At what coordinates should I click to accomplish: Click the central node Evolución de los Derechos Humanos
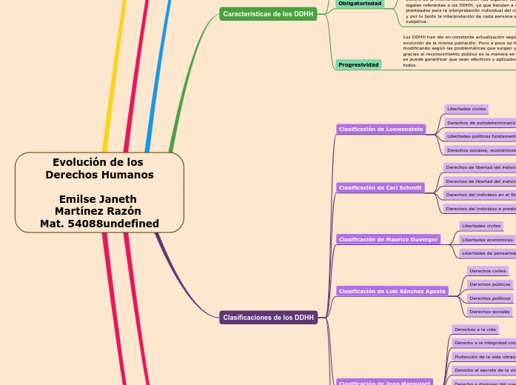point(99,169)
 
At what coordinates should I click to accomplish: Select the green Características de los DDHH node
point(268,13)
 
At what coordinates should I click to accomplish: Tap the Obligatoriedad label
point(360,4)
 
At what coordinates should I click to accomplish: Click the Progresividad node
point(358,64)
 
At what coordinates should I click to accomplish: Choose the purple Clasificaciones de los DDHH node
point(268,317)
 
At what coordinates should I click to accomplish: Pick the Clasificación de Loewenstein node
point(381,129)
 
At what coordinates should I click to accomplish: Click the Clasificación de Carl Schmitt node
point(381,187)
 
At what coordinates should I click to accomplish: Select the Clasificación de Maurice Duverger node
point(388,239)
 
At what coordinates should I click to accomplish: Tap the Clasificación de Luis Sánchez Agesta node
point(392,291)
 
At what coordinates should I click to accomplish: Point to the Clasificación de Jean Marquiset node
point(383,382)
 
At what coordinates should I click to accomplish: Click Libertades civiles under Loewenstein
point(466,109)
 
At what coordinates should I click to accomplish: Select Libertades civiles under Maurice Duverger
point(480,226)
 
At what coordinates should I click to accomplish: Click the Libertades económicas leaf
point(486,239)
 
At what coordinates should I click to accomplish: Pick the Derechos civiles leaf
point(487,270)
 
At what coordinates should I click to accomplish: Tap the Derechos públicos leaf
point(490,284)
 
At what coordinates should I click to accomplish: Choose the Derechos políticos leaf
point(490,298)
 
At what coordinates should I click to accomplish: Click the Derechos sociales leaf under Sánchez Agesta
point(489,312)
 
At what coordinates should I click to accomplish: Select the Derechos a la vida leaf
point(475,329)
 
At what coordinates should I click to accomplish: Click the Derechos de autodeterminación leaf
point(480,122)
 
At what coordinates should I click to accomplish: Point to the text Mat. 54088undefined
point(99,223)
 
